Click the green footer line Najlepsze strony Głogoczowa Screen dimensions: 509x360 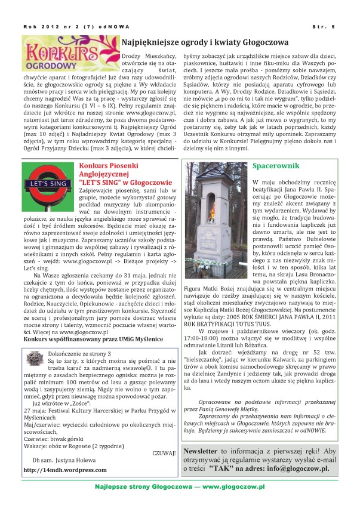pos(180,488)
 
